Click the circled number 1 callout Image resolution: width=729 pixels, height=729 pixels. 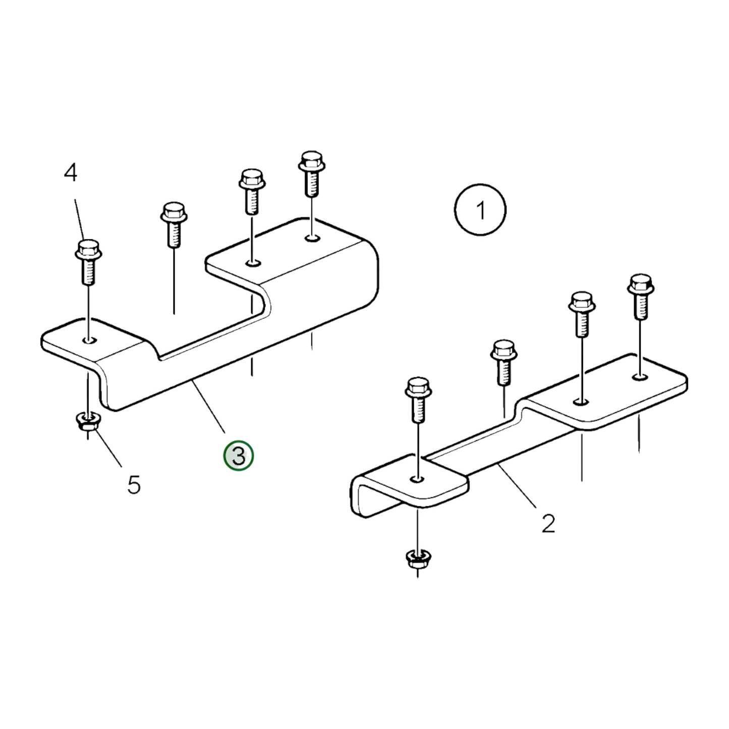click(480, 209)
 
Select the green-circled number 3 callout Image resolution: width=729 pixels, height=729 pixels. click(239, 456)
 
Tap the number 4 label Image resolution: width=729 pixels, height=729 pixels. click(71, 173)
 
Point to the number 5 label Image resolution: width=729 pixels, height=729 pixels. click(134, 485)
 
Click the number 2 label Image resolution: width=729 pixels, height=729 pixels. click(548, 524)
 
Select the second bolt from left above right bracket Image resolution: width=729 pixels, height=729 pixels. click(504, 361)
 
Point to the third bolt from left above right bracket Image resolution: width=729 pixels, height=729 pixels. click(582, 313)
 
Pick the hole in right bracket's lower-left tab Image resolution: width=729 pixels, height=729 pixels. click(418, 478)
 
